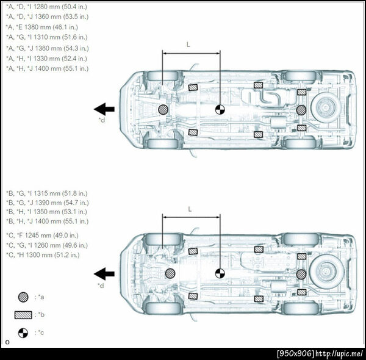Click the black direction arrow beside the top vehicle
point(104,109)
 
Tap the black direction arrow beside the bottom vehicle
point(104,273)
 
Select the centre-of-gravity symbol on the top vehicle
point(220,109)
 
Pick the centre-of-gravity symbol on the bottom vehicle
point(220,273)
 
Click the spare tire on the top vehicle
point(326,107)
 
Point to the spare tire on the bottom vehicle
point(326,272)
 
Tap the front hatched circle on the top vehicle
point(163,109)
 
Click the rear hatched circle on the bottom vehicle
point(301,275)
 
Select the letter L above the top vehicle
point(188,45)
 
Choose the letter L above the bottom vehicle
point(190,209)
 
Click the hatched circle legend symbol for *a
point(23,297)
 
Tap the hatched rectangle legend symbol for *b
point(23,315)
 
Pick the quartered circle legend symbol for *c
point(23,333)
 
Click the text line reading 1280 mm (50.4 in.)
point(46,7)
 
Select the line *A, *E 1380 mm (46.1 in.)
point(41,27)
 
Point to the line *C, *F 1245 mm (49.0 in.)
point(42,236)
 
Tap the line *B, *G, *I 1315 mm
point(46,193)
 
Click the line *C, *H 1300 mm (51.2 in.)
point(43,255)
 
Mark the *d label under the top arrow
point(101,120)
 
